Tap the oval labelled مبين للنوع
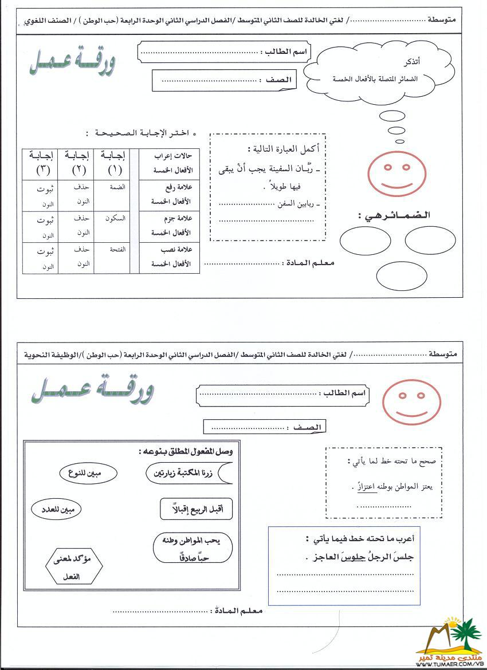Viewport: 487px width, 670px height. [x=89, y=473]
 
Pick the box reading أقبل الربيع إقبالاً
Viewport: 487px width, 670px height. [x=196, y=509]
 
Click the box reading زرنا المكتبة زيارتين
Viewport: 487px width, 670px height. [x=190, y=473]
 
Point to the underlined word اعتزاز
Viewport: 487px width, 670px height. [x=363, y=486]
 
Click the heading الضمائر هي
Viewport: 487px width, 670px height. [x=394, y=215]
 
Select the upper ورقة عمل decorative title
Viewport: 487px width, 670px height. [x=72, y=62]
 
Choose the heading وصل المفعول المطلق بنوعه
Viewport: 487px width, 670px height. [x=186, y=452]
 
